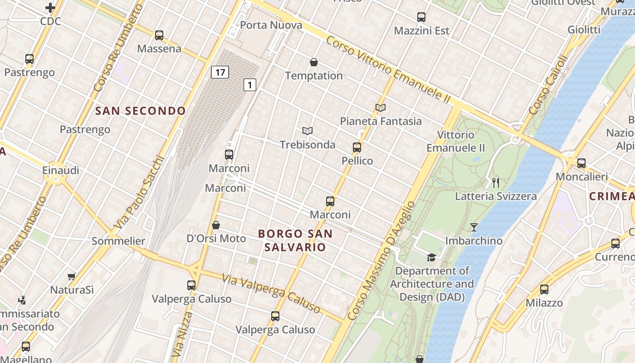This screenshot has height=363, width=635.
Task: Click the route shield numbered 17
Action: pyautogui.click(x=220, y=72)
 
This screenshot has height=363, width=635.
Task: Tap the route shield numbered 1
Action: pyautogui.click(x=250, y=84)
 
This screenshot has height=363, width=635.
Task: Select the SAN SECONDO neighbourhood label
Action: pyautogui.click(x=141, y=111)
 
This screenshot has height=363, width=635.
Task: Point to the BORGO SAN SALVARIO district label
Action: pyautogui.click(x=295, y=240)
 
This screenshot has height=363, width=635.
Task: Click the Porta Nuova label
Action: pyautogui.click(x=271, y=25)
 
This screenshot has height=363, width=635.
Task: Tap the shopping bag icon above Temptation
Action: pyautogui.click(x=313, y=62)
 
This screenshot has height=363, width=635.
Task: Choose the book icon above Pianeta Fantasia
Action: pyautogui.click(x=381, y=108)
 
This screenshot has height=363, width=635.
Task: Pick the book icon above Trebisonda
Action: pyautogui.click(x=308, y=131)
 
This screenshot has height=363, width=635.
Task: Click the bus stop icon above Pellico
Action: pyautogui.click(x=357, y=147)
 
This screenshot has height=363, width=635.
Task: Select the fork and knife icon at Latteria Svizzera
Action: pyautogui.click(x=496, y=183)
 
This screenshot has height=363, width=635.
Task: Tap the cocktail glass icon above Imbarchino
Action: pyautogui.click(x=474, y=227)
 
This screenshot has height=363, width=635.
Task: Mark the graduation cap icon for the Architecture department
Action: pyautogui.click(x=432, y=257)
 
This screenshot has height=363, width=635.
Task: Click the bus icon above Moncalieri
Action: pyautogui.click(x=581, y=163)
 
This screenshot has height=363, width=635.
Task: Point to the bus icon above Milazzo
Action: pyautogui.click(x=544, y=289)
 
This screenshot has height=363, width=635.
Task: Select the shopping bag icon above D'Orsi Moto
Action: pyautogui.click(x=216, y=225)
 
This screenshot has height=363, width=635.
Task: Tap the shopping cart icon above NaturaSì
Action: pyautogui.click(x=72, y=276)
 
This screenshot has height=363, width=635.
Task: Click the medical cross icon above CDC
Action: pyautogui.click(x=50, y=8)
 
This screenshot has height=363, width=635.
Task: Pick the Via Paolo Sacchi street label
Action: pyautogui.click(x=138, y=193)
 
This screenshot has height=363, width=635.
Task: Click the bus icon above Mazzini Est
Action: pyautogui.click(x=421, y=17)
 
